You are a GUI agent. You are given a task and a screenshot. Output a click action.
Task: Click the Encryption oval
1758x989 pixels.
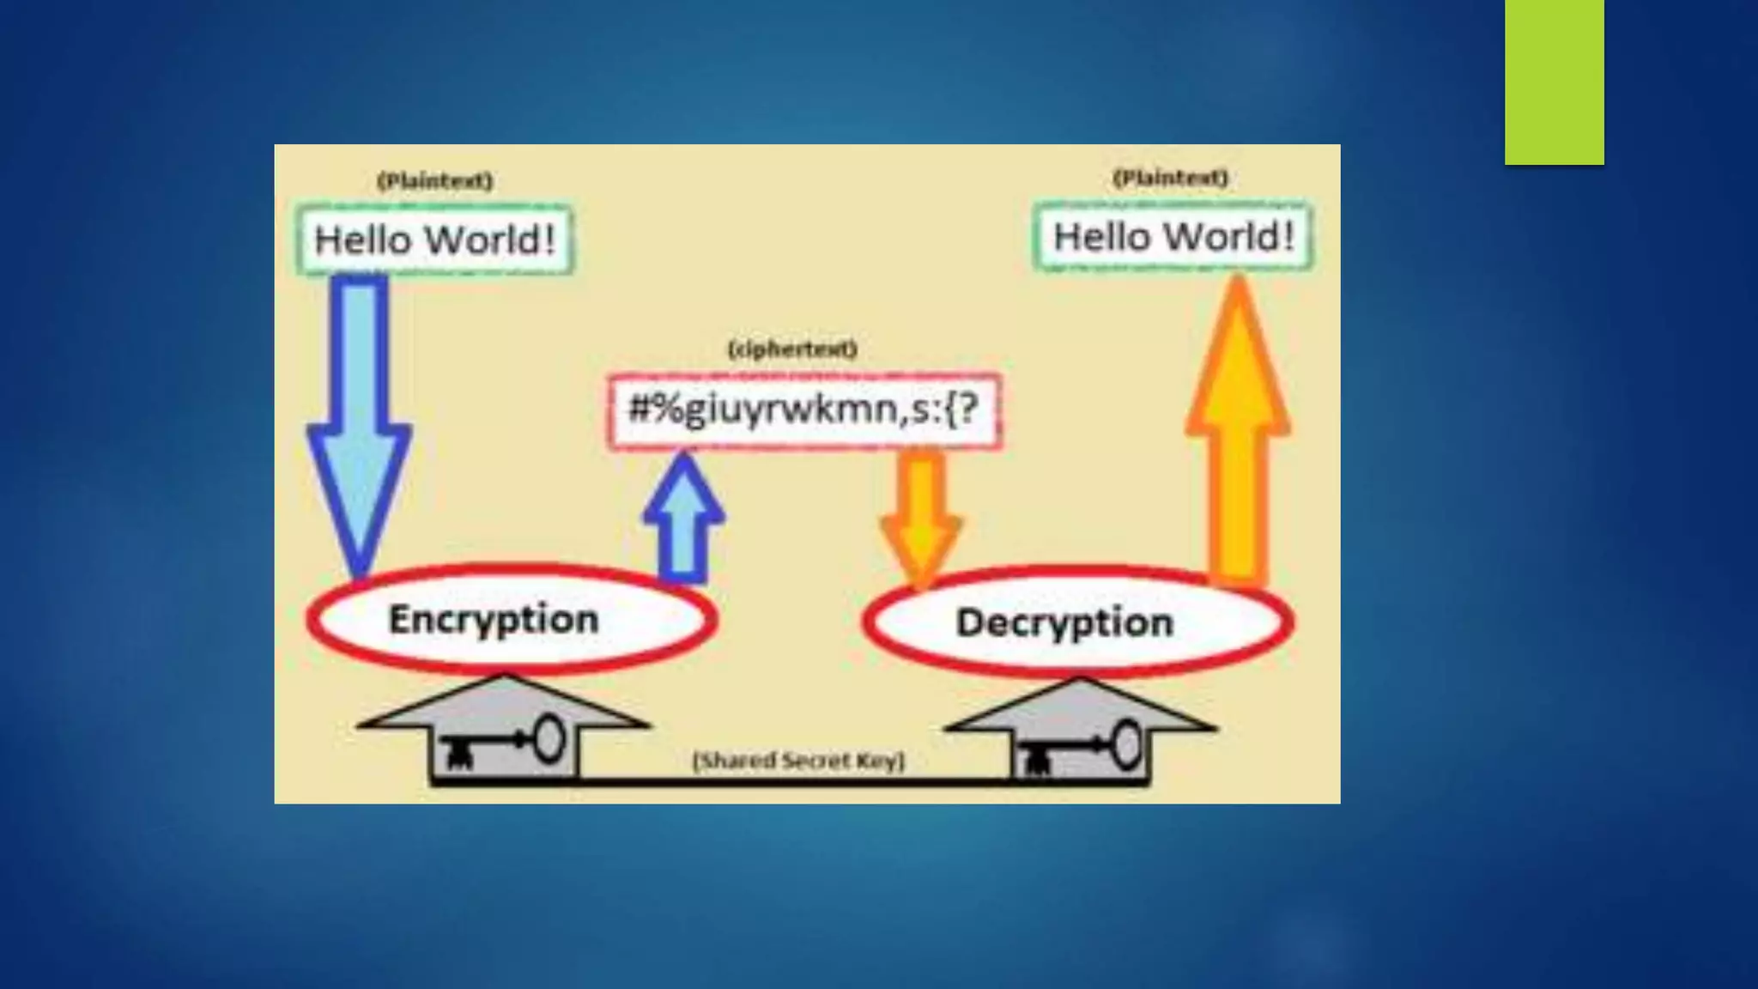pyautogui.click(x=512, y=619)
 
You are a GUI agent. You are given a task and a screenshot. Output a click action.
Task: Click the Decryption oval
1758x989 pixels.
pyautogui.click(x=1078, y=622)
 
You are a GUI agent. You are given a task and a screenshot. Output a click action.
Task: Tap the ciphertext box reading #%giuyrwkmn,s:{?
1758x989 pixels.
pyautogui.click(x=803, y=410)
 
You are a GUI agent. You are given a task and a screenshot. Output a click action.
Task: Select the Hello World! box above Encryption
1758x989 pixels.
pyautogui.click(x=435, y=240)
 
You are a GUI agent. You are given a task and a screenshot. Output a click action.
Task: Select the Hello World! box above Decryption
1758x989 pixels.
pyautogui.click(x=1173, y=236)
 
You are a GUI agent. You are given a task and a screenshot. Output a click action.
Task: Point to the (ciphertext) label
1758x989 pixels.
pyautogui.click(x=792, y=349)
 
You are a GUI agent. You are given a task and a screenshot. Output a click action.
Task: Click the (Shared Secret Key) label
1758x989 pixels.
pyautogui.click(x=798, y=761)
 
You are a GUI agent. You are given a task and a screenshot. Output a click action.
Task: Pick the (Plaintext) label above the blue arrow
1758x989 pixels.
pyautogui.click(x=435, y=181)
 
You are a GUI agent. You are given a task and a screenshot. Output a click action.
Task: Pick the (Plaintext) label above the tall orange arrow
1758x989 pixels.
pyautogui.click(x=1170, y=178)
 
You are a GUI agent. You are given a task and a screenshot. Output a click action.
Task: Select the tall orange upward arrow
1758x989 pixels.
pyautogui.click(x=1238, y=429)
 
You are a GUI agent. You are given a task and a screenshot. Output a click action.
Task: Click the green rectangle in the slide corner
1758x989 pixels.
pyautogui.click(x=1554, y=82)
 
